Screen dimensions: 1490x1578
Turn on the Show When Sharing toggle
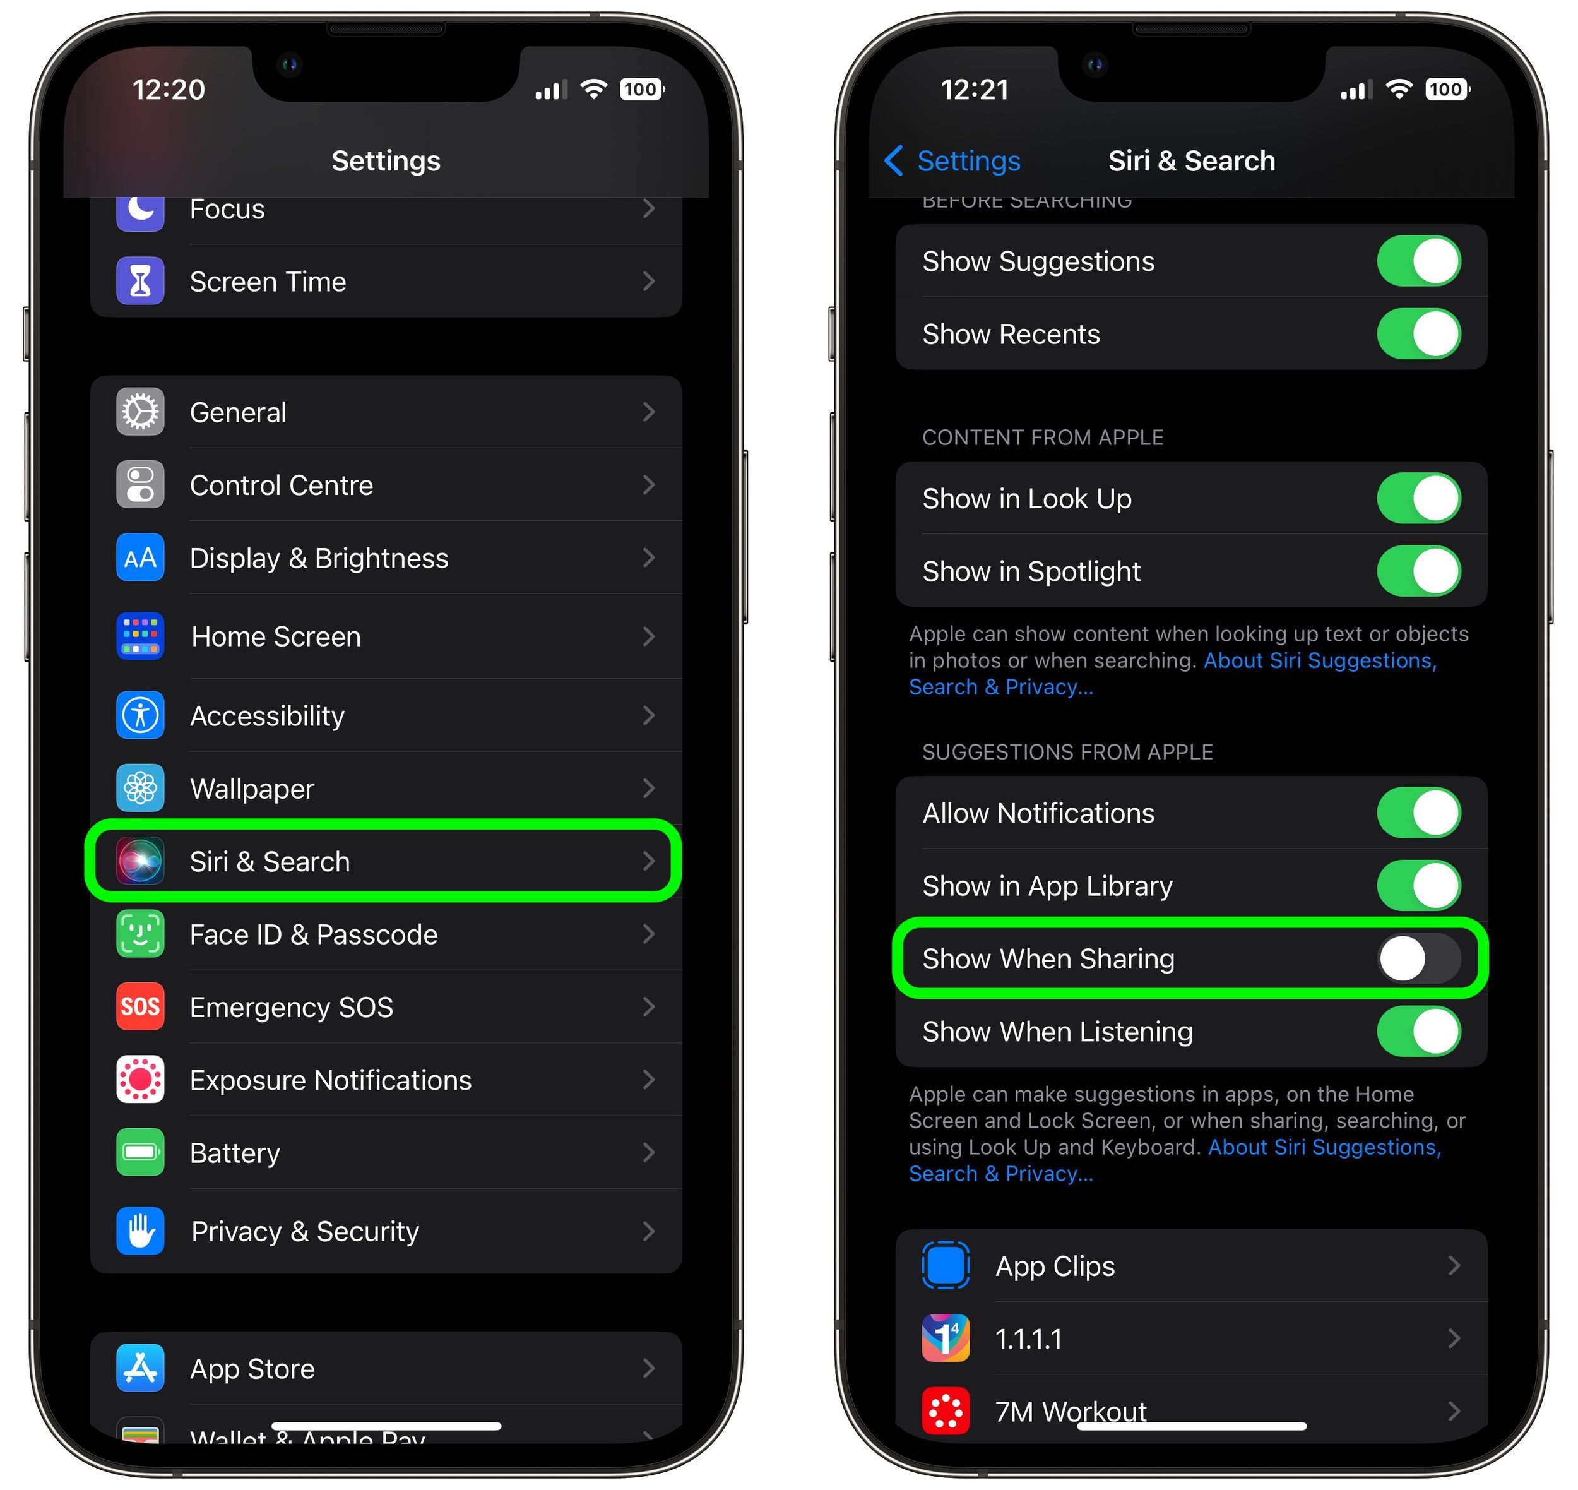click(x=1418, y=958)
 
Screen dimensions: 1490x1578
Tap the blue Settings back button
click(x=952, y=161)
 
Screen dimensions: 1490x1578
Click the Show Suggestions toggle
click(x=1418, y=261)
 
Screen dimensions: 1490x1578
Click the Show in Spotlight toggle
click(x=1418, y=571)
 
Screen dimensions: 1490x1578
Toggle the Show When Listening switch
click(x=1418, y=1032)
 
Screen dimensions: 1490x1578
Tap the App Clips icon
click(x=945, y=1266)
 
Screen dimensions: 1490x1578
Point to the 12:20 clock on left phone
click(x=169, y=90)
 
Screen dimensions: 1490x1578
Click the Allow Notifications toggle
click(x=1418, y=813)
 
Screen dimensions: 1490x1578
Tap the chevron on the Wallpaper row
click(x=648, y=789)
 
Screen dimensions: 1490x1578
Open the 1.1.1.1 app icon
click(x=945, y=1339)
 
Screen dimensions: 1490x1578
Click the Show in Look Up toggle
click(x=1418, y=499)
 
